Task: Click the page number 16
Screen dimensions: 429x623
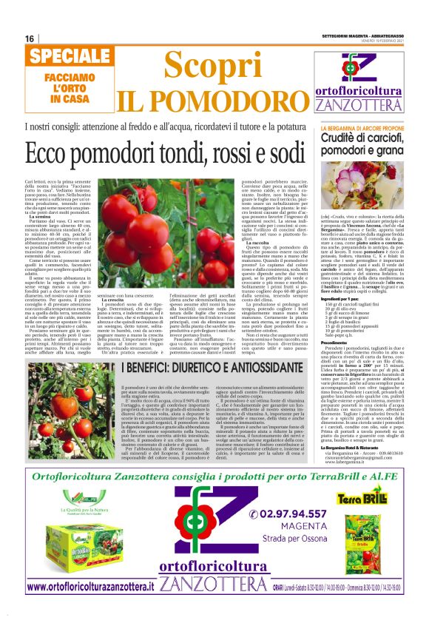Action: click(30, 38)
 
